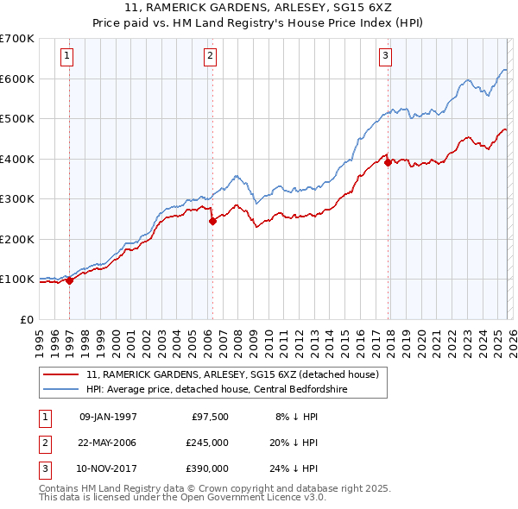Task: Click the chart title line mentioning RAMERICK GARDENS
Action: [258, 8]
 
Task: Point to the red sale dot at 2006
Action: [212, 221]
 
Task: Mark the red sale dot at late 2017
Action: [388, 162]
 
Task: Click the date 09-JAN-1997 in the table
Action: [108, 417]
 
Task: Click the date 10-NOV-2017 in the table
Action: [108, 468]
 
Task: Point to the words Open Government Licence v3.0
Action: [253, 498]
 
